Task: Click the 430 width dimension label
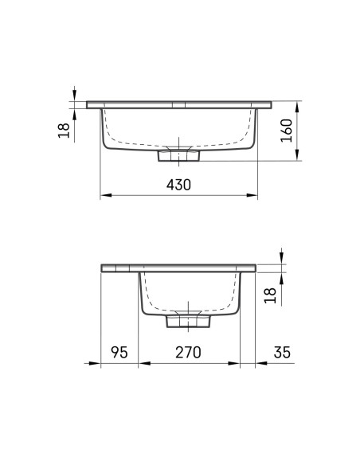tap(178, 185)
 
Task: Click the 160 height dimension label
tap(287, 131)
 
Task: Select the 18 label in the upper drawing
tap(64, 131)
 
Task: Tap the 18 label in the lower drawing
tap(270, 295)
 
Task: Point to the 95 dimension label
tap(119, 352)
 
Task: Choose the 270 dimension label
tap(188, 352)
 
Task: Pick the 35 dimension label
tap(282, 352)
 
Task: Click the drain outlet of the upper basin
tap(178, 155)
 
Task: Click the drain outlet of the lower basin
tap(188, 321)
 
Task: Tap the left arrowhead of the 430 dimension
tap(106, 195)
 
